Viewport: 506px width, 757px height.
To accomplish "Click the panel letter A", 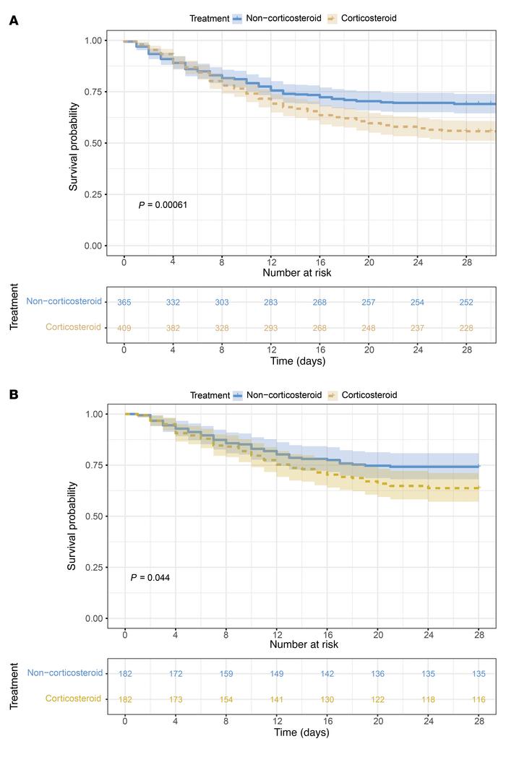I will pyautogui.click(x=13, y=22).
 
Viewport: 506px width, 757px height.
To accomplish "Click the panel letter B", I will pyautogui.click(x=13, y=395).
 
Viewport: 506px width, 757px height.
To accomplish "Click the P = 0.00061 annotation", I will pyautogui.click(x=163, y=206).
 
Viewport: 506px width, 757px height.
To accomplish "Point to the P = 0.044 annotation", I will pyautogui.click(x=150, y=578).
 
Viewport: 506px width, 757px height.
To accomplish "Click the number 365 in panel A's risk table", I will pyautogui.click(x=124, y=301).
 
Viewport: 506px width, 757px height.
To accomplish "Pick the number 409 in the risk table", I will pyautogui.click(x=124, y=327).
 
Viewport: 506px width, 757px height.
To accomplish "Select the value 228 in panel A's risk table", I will pyautogui.click(x=466, y=327).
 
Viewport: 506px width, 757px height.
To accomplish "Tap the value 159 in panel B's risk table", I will pyautogui.click(x=226, y=673).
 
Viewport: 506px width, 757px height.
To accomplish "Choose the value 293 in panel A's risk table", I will pyautogui.click(x=270, y=327).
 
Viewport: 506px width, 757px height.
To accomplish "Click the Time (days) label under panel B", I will pyautogui.click(x=302, y=732).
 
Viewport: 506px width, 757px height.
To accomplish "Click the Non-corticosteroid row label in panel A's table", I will pyautogui.click(x=64, y=301).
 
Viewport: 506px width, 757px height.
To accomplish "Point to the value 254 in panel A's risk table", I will pyautogui.click(x=417, y=301).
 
